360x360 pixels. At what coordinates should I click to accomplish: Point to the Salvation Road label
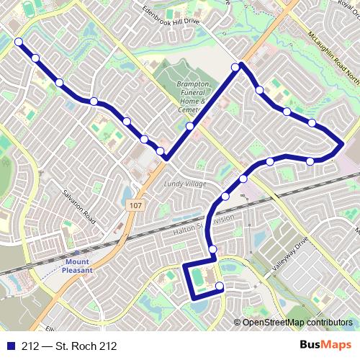point(78,206)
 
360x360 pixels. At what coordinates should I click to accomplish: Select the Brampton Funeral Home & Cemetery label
point(193,97)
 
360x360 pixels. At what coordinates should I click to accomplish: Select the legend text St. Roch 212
point(69,346)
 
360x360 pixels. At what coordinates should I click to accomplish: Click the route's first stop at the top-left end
point(18,42)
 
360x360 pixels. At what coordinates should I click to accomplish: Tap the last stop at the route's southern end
point(220,287)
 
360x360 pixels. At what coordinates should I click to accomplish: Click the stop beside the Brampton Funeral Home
point(190,126)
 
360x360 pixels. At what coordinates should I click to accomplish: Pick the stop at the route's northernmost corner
point(235,67)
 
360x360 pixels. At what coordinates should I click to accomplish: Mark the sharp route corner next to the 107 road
point(166,158)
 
